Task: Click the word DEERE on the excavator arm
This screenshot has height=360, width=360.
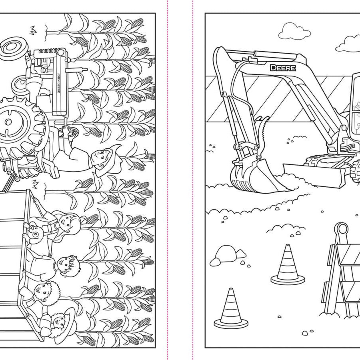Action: pyautogui.click(x=283, y=68)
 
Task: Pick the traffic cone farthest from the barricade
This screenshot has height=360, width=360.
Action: pyautogui.click(x=231, y=308)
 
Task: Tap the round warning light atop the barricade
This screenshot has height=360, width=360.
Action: pyautogui.click(x=342, y=229)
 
